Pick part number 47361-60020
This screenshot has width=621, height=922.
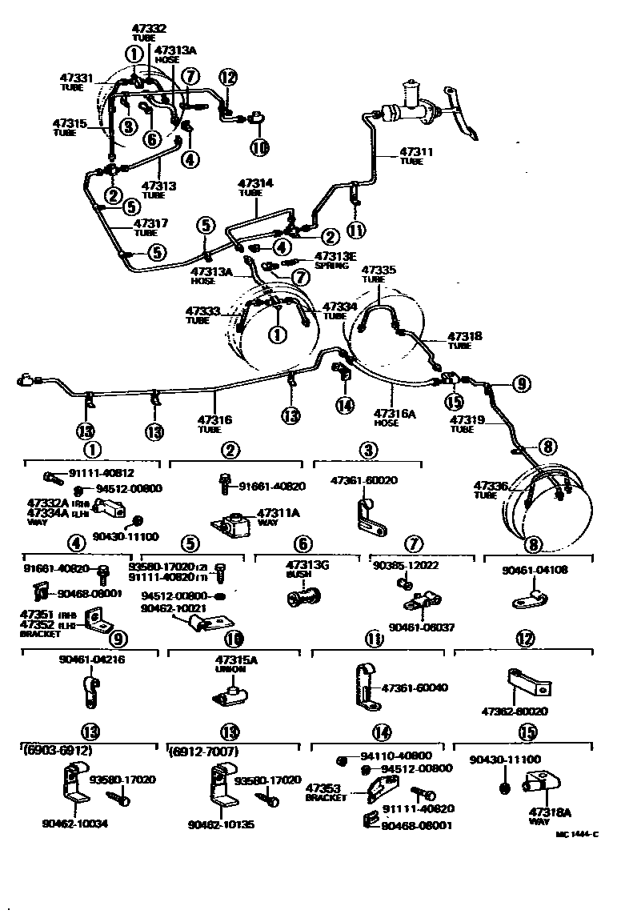click(x=363, y=480)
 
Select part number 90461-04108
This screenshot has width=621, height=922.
click(x=535, y=571)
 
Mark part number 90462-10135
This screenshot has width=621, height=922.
click(x=222, y=822)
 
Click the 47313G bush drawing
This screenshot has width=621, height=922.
click(x=305, y=597)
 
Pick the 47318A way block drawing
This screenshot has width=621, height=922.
click(x=542, y=787)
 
